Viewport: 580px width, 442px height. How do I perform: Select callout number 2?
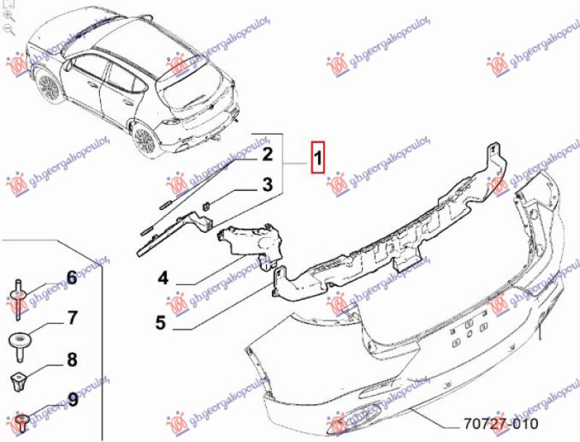coord(267,155)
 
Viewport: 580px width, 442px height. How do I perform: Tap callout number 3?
coord(267,184)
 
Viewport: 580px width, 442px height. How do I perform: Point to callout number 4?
coord(162,278)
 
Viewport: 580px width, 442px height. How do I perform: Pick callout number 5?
coord(160,323)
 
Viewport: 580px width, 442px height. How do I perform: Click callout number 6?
coord(72,278)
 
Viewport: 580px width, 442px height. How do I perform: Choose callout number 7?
coord(72,319)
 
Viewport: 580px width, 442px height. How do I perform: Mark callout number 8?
coord(72,360)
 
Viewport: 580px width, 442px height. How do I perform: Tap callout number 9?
coord(72,399)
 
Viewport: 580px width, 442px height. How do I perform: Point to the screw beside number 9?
coord(21,421)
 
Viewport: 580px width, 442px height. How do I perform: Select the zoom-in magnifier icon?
coord(9,15)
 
